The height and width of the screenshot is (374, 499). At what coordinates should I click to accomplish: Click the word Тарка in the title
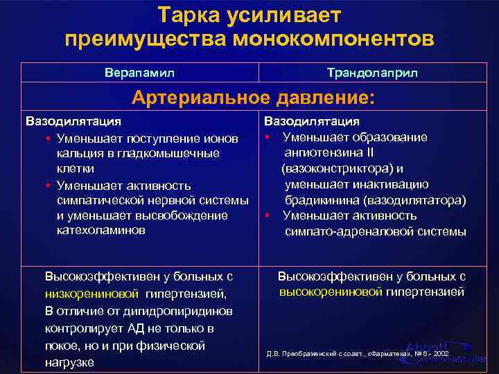click(189, 14)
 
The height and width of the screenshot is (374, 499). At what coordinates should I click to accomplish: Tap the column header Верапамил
click(140, 72)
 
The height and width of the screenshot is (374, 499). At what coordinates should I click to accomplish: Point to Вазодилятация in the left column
click(69, 123)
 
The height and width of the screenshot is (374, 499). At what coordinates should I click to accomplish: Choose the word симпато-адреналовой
click(342, 231)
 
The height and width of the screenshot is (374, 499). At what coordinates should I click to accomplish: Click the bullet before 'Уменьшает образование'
click(268, 137)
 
